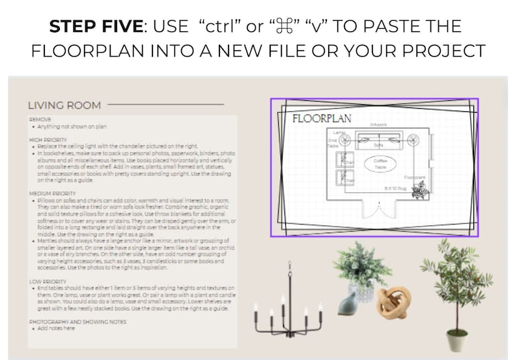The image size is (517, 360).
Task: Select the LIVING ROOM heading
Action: [64, 105]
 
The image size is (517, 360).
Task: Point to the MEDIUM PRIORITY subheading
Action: [53, 193]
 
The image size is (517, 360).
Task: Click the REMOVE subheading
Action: [40, 119]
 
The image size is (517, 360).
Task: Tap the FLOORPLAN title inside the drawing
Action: [322, 118]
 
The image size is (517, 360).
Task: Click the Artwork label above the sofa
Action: [378, 124]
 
